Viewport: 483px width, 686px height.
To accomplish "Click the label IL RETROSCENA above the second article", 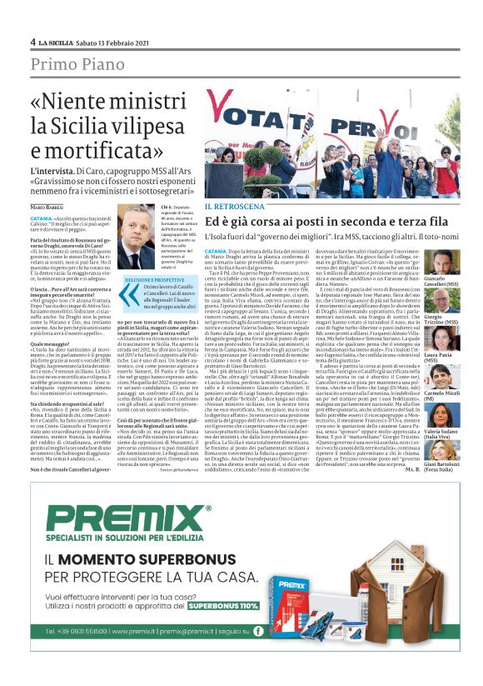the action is coord(235,206).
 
